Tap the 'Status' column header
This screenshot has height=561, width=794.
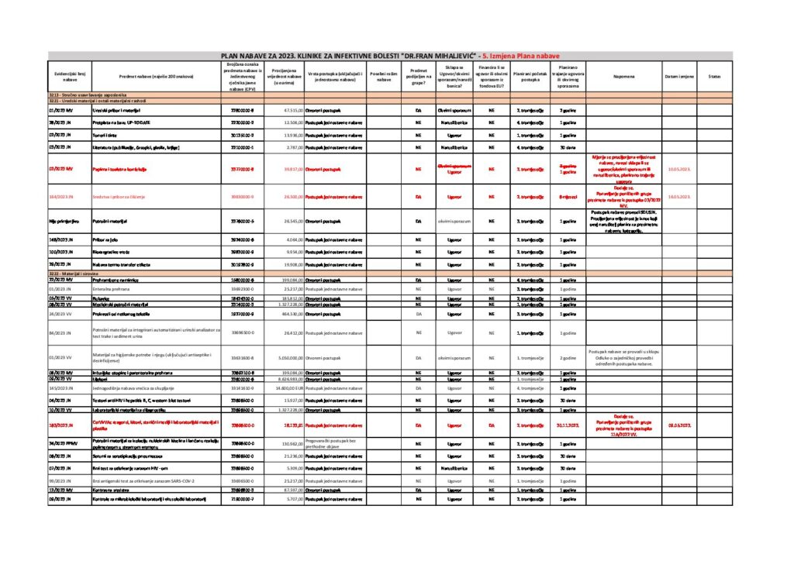pyautogui.click(x=714, y=77)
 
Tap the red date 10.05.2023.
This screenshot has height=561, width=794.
pyautogui.click(x=678, y=168)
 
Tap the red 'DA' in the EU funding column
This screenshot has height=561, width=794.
pyautogui.click(x=492, y=425)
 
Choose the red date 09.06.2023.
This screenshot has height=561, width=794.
pyautogui.click(x=678, y=425)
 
